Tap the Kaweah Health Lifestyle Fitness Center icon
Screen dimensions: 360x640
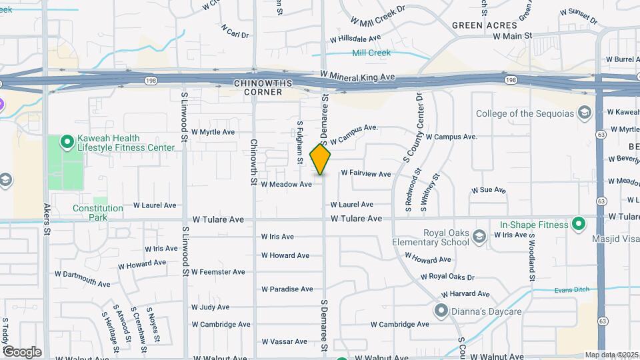coord(67,141)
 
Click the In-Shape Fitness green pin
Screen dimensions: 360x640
coord(578,224)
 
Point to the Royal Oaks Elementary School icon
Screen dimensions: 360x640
coord(479,236)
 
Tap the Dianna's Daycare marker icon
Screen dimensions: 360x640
coord(441,310)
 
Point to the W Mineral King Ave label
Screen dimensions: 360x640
coord(357,76)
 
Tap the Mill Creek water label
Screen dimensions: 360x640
coord(371,53)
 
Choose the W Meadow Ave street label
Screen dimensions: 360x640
coord(286,184)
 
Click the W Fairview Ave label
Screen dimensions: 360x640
coord(365,173)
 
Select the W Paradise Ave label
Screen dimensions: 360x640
coord(287,289)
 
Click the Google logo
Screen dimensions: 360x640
coord(22,351)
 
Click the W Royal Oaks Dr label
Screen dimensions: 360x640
coord(447,277)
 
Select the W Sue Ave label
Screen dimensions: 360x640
coord(489,190)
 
